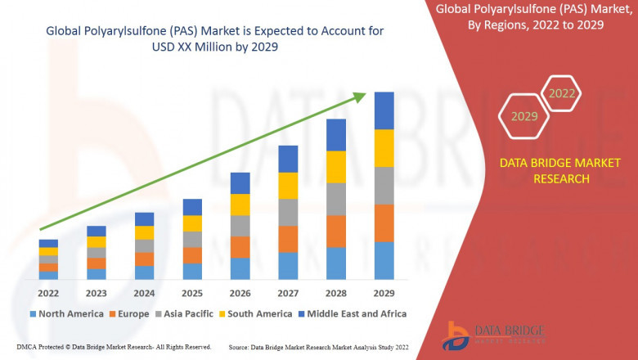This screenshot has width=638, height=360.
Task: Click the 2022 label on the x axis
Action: [x=48, y=293]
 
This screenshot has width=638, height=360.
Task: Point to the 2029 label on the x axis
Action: [x=384, y=293]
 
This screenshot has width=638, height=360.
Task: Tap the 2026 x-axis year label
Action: [x=240, y=293]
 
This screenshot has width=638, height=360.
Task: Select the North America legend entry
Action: [x=66, y=313]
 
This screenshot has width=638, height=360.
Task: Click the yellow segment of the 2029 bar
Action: [x=384, y=148]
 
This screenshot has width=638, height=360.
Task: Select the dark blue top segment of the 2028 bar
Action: [x=336, y=135]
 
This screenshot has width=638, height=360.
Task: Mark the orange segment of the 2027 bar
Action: [x=288, y=239]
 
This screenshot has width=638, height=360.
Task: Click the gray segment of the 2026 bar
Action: [x=240, y=226]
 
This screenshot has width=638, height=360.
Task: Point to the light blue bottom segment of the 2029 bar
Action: [x=384, y=260]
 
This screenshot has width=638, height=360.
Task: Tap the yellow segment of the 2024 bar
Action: [x=144, y=233]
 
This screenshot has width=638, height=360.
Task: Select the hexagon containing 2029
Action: [x=524, y=117]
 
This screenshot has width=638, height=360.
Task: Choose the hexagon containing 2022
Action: [x=561, y=94]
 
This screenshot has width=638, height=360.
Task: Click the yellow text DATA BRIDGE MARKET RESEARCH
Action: [x=544, y=171]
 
